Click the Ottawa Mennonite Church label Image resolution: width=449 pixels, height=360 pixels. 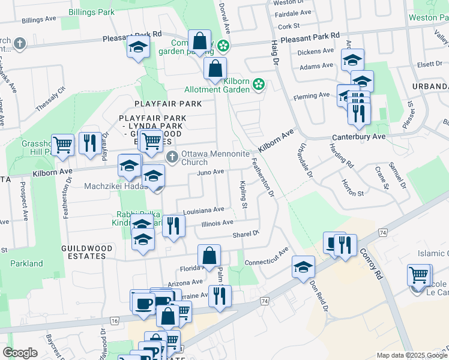(x=215, y=158)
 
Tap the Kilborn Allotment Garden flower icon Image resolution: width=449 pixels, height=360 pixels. (x=259, y=85)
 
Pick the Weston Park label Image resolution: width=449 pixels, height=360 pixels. (x=428, y=17)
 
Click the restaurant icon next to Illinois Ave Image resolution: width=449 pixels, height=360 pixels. (x=172, y=226)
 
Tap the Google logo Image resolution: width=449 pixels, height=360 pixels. (x=20, y=353)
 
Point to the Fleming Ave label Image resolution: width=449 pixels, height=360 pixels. (x=311, y=95)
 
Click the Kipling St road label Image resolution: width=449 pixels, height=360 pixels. (x=244, y=194)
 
